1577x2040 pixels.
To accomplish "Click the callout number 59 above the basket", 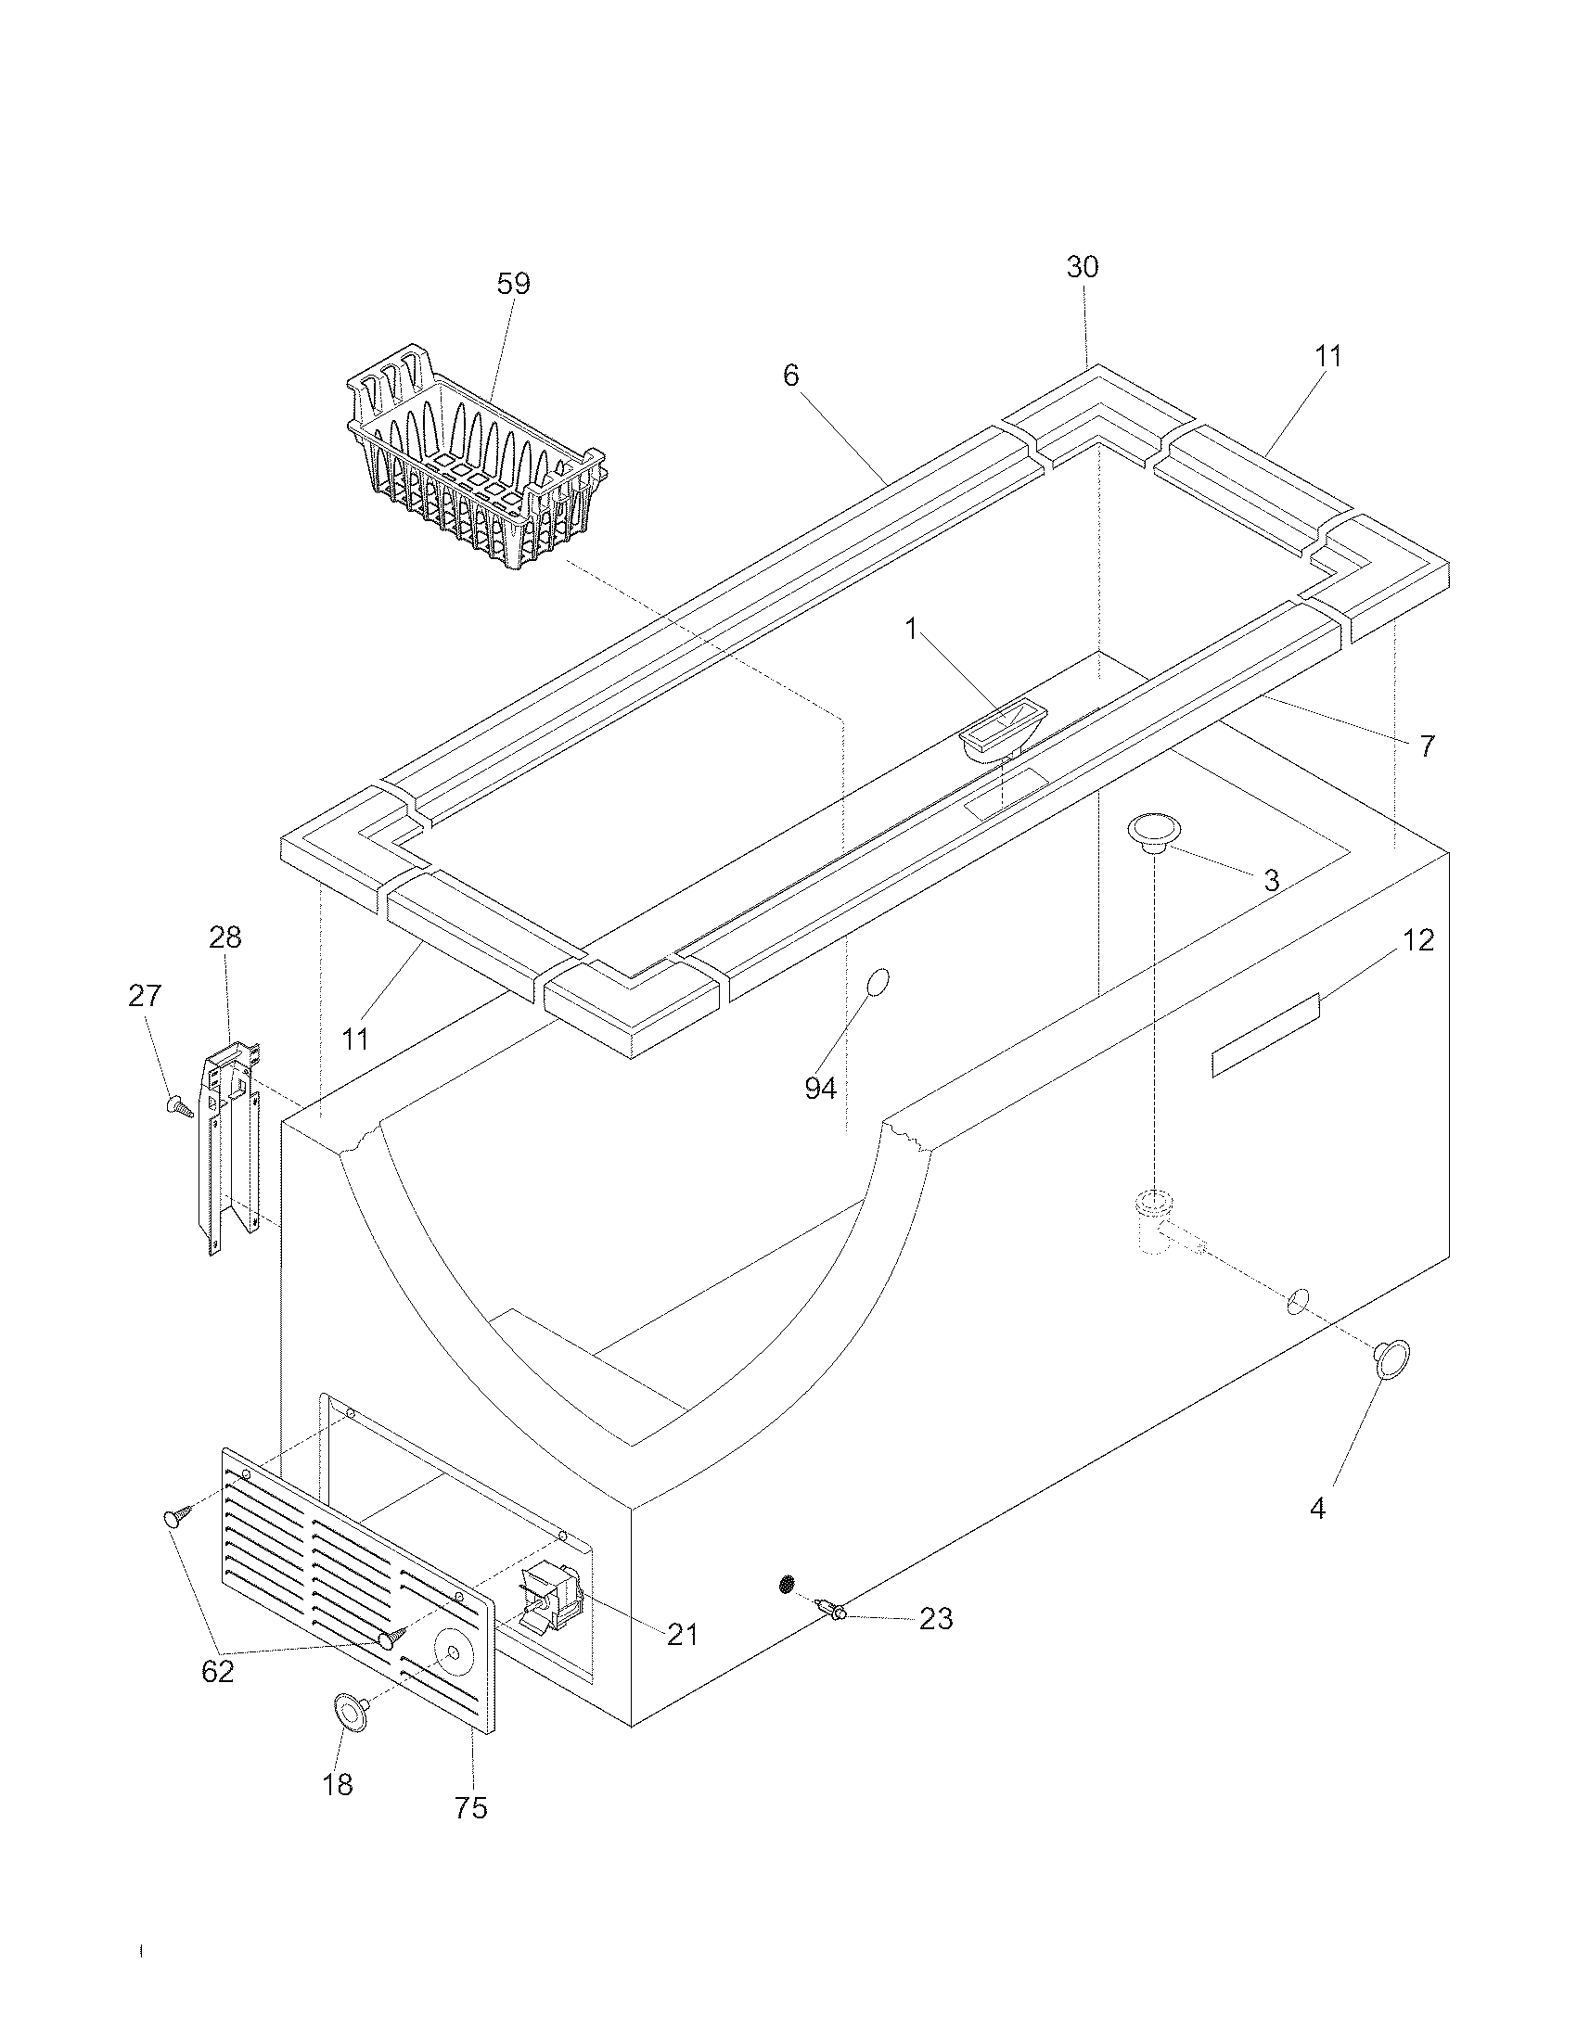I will (x=513, y=284).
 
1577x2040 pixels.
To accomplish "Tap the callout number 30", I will (x=1083, y=267).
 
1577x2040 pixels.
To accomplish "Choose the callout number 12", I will (x=1418, y=940).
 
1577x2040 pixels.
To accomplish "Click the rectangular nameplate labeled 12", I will (x=1265, y=1036).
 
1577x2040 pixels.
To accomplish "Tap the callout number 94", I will (x=820, y=1089).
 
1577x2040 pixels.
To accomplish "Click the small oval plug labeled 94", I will (x=878, y=982).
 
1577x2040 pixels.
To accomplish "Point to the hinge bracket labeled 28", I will (x=226, y=1149).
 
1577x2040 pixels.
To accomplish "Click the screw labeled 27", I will (x=178, y=1107).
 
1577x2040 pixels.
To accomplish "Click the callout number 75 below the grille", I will (x=471, y=1808).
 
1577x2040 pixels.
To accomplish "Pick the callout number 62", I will (x=218, y=1671).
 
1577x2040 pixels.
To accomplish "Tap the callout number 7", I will (x=1426, y=746).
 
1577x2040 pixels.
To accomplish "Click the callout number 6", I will (x=790, y=376).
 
